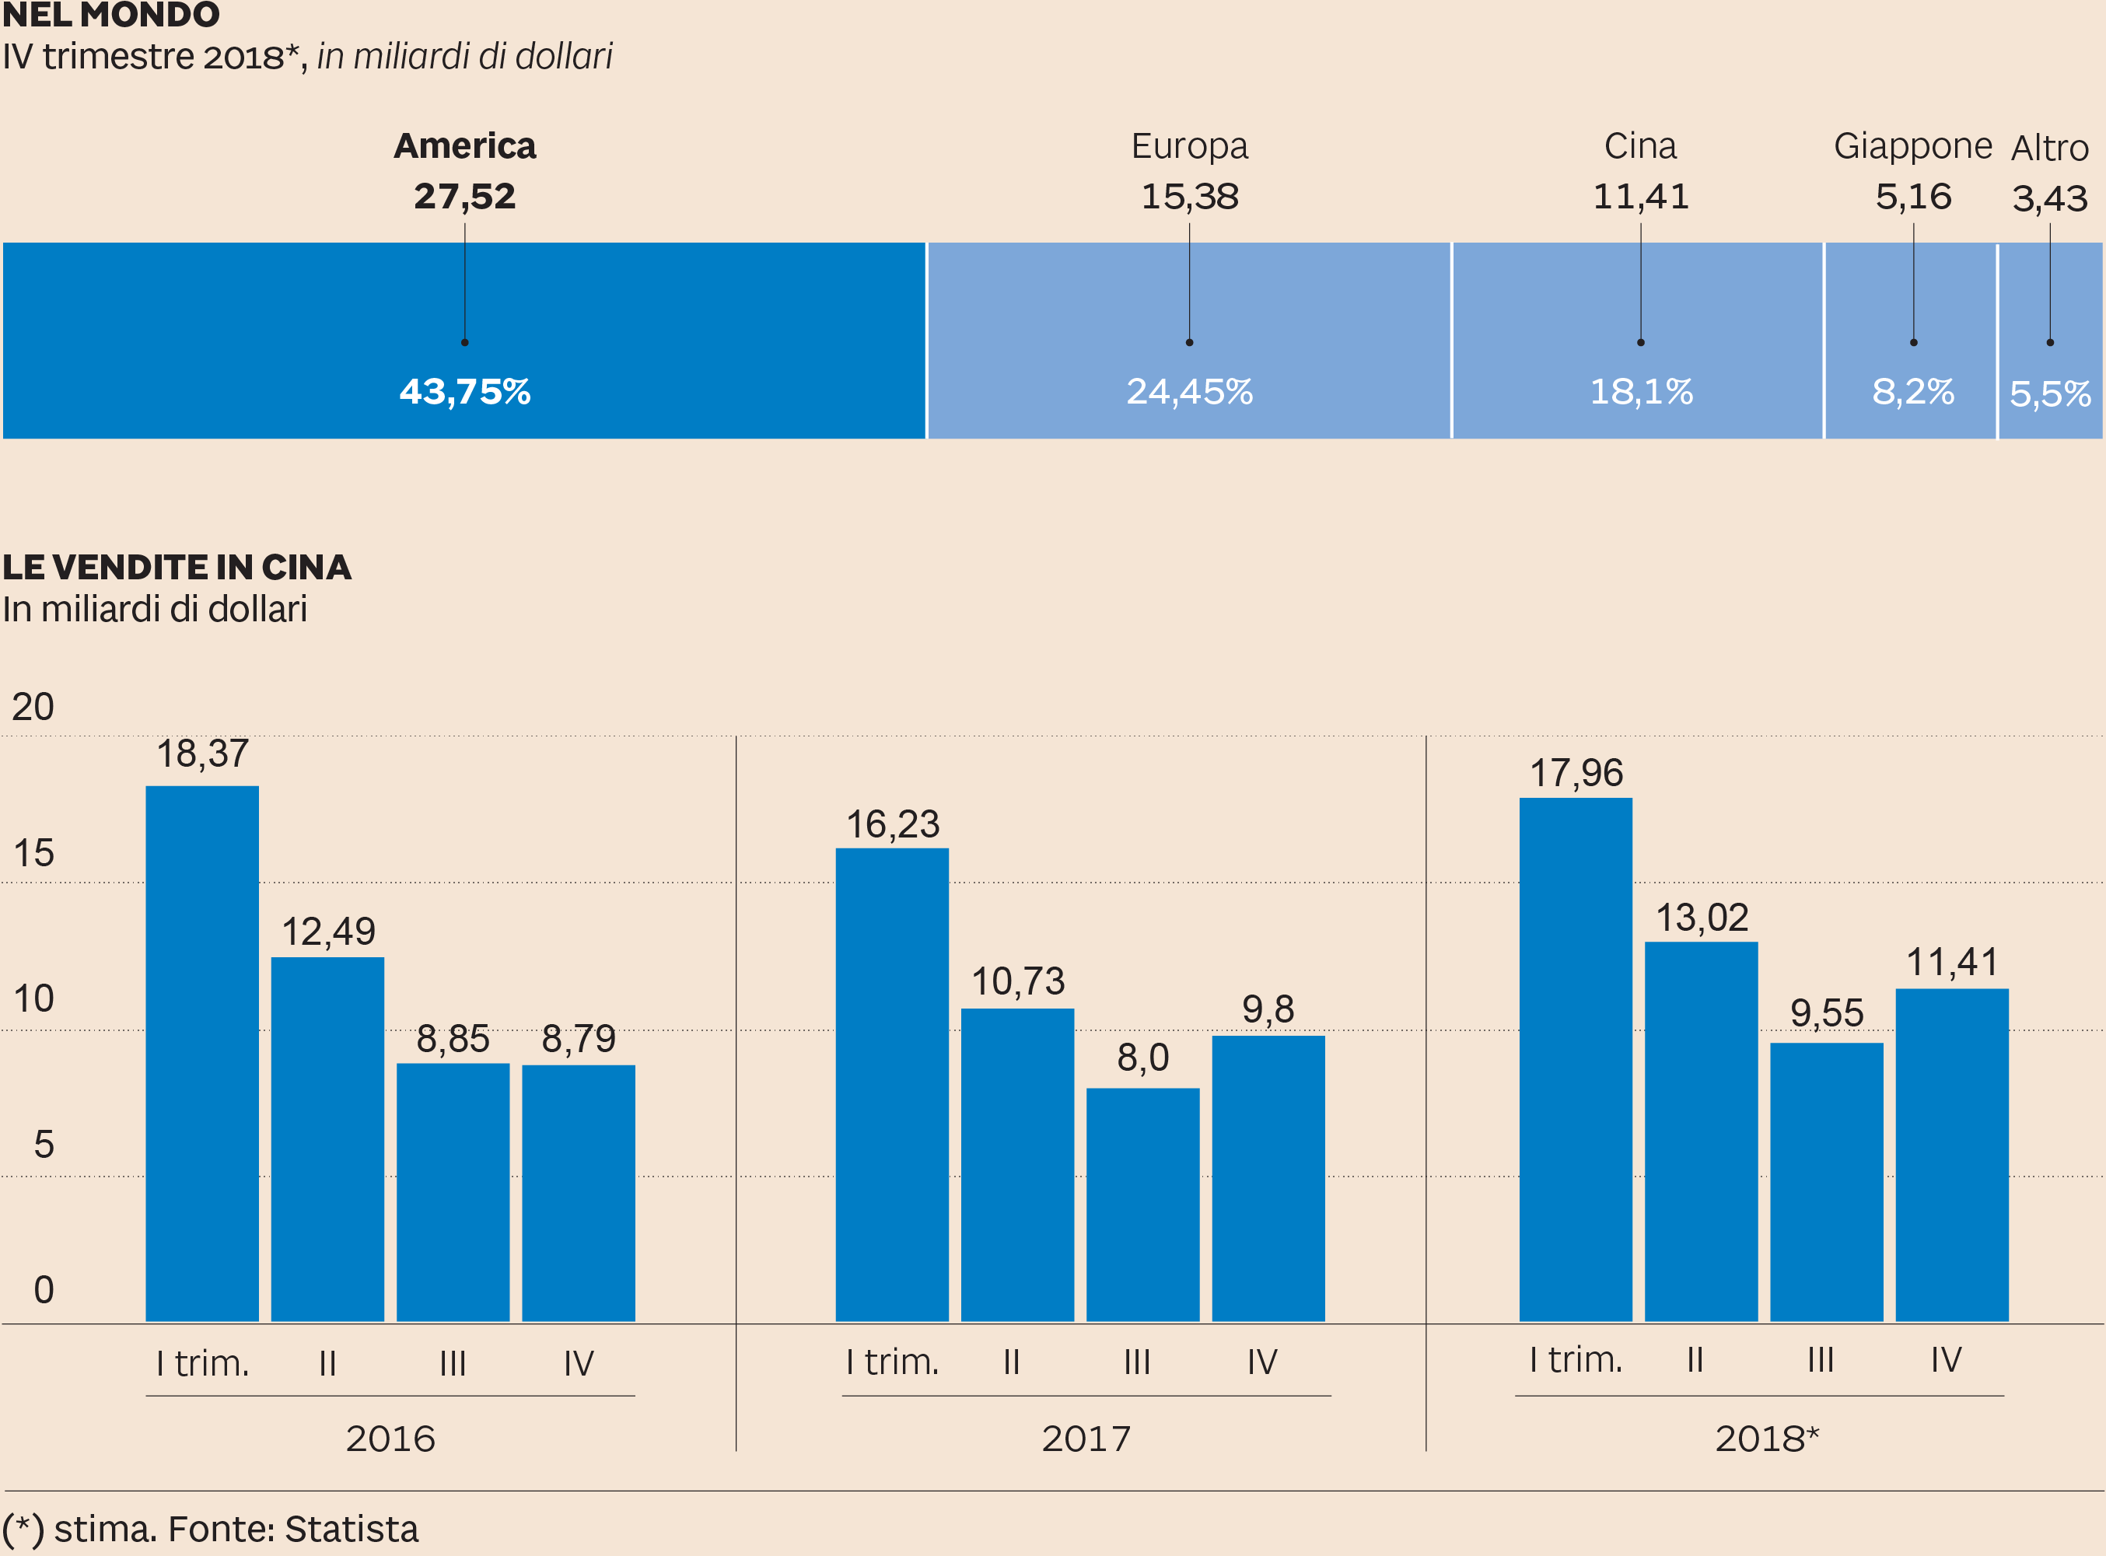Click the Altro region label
(2049, 148)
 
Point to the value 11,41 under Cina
(1640, 196)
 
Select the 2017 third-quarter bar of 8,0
(1142, 1205)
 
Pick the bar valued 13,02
(1700, 1131)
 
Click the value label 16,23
(892, 824)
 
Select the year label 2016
(390, 1439)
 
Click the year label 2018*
(1766, 1439)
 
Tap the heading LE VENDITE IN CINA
(177, 567)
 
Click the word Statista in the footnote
(352, 1528)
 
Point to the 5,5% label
(2049, 393)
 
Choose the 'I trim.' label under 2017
(892, 1362)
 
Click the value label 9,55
(1826, 1013)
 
